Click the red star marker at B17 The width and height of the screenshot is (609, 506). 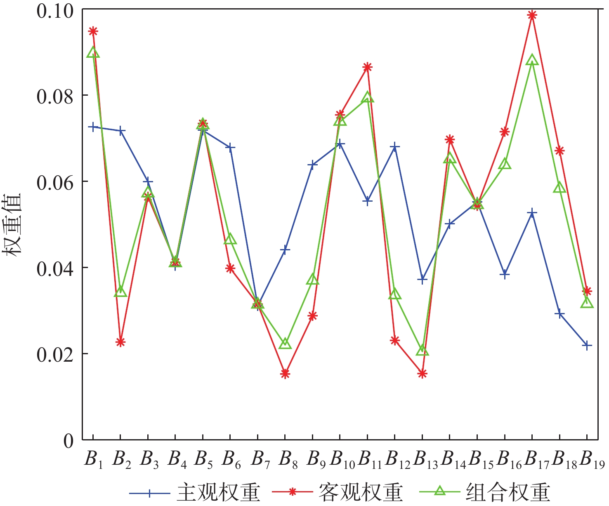click(x=532, y=15)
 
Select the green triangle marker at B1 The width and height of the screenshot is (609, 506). click(x=93, y=53)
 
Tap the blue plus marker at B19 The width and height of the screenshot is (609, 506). click(x=587, y=345)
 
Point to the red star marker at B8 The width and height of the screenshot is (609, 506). click(x=285, y=374)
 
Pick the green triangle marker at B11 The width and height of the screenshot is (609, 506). click(x=368, y=98)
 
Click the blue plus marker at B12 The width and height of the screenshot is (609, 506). click(x=395, y=147)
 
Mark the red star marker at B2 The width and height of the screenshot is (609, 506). click(x=120, y=342)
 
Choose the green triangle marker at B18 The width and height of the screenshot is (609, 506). click(x=560, y=188)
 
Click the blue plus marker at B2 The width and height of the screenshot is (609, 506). click(x=120, y=131)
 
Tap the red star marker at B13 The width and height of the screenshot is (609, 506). click(x=422, y=374)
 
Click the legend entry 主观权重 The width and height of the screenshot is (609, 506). click(x=219, y=492)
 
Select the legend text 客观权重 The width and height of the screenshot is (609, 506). click(x=361, y=492)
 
